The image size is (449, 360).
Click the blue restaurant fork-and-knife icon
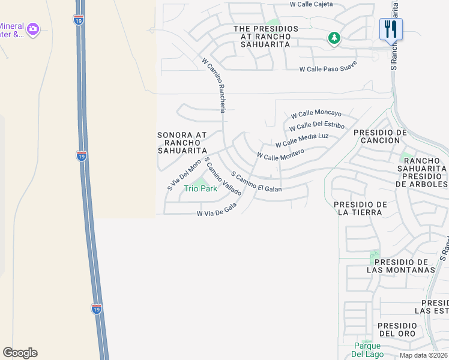[x=391, y=28]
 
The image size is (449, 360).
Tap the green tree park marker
[x=334, y=38]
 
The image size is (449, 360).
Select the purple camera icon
[x=32, y=28]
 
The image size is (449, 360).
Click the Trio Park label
[x=200, y=188]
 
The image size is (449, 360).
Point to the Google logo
[x=20, y=353]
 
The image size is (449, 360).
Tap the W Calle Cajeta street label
[x=311, y=4]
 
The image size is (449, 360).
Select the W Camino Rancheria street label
[x=214, y=85]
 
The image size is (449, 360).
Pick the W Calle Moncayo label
[x=316, y=113]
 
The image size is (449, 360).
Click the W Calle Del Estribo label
[x=316, y=127]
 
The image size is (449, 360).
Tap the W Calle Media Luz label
[x=302, y=140]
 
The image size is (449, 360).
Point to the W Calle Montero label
[x=280, y=154]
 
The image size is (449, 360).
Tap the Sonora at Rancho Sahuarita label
[x=182, y=142]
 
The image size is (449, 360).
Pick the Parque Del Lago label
[x=367, y=350]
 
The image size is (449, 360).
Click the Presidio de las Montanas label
[x=401, y=266]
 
